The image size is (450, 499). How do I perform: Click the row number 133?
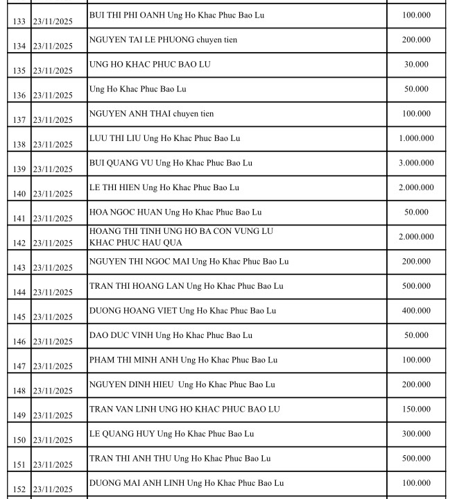19,22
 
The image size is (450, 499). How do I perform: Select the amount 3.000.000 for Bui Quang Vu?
416,163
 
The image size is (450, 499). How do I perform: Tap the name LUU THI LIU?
115,138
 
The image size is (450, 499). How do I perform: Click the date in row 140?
52,194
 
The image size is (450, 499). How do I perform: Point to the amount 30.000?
416,65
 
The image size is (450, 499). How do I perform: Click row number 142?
19,243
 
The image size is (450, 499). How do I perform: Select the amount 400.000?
416,311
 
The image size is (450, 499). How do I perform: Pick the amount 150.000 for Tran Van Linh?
416,409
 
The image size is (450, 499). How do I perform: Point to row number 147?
19,366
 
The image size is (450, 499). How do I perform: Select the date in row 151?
52,464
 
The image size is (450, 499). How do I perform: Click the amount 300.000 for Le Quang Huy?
416,434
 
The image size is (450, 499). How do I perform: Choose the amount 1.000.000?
416,138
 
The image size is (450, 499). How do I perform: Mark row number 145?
19,317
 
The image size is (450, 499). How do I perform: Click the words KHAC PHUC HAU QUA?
135,242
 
